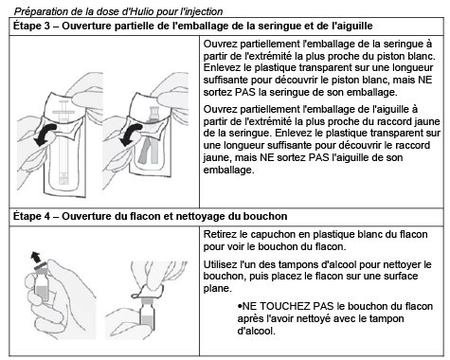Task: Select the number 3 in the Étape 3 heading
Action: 46,27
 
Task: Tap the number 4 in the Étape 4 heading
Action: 46,217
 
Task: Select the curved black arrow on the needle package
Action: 131,135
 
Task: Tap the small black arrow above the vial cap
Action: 35,257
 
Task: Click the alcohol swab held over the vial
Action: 148,292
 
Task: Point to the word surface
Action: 401,277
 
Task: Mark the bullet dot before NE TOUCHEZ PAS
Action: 240,307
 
